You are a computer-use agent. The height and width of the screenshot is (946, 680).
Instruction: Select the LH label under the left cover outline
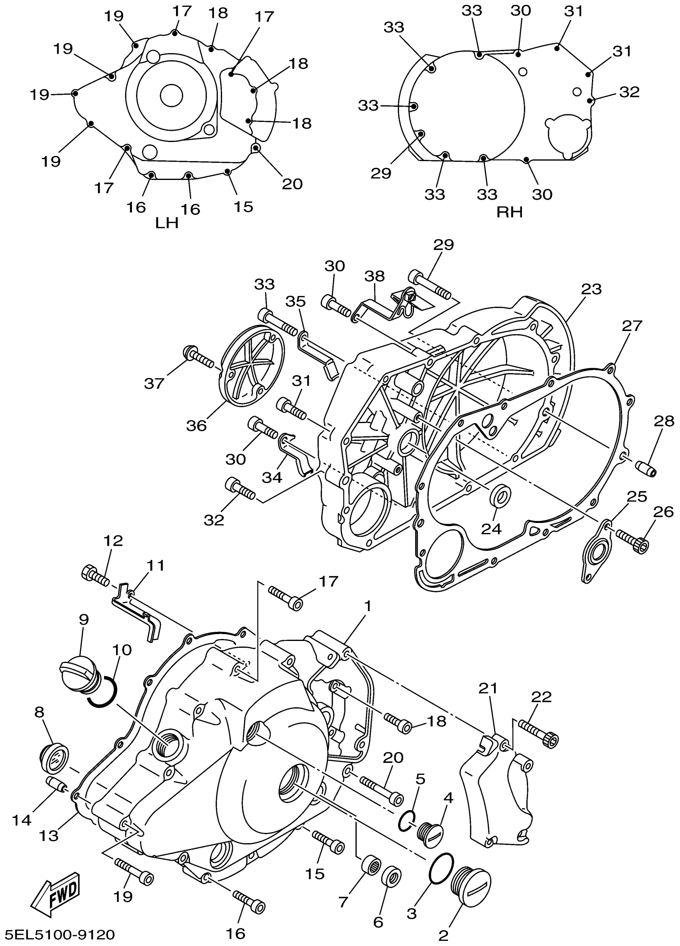pyautogui.click(x=167, y=223)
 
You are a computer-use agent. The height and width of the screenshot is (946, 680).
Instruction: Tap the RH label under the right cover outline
pyautogui.click(x=509, y=212)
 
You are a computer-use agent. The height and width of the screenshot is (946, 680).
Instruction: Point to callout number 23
pyautogui.click(x=591, y=289)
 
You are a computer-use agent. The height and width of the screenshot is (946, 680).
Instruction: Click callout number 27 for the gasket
pyautogui.click(x=632, y=325)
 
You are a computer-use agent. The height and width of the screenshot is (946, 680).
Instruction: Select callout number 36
pyautogui.click(x=196, y=425)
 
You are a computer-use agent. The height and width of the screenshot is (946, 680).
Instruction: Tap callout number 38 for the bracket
pyautogui.click(x=374, y=276)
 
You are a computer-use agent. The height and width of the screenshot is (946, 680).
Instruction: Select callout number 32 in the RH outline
pyautogui.click(x=629, y=92)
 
